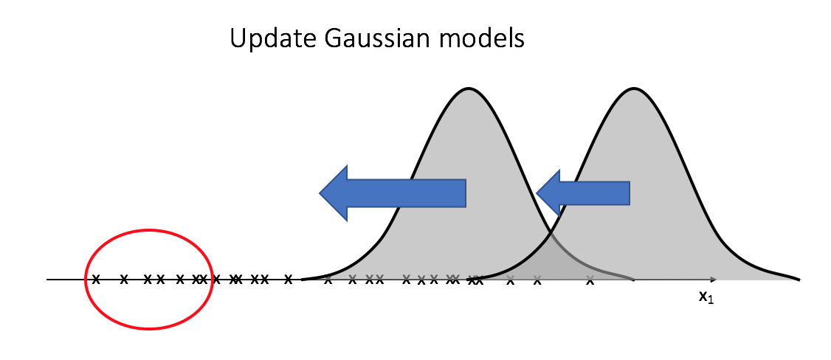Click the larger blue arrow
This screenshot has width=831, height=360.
pyautogui.click(x=392, y=193)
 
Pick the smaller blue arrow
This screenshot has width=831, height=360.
pyautogui.click(x=583, y=193)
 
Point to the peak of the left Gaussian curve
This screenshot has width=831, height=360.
pyautogui.click(x=468, y=88)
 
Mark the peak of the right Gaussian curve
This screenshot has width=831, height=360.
pyautogui.click(x=634, y=88)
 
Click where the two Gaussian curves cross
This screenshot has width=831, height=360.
pyautogui.click(x=551, y=232)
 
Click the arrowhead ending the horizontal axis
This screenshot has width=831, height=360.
pyautogui.click(x=714, y=279)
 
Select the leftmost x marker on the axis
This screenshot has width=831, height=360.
pyautogui.click(x=96, y=279)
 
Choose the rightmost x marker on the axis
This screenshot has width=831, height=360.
pyautogui.click(x=590, y=281)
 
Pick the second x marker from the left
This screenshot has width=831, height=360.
pyautogui.click(x=124, y=279)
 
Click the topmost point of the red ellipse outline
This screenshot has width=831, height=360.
pyautogui.click(x=149, y=229)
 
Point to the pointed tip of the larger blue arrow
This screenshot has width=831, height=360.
pyautogui.click(x=320, y=193)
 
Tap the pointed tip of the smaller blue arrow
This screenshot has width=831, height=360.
pyautogui.click(x=537, y=193)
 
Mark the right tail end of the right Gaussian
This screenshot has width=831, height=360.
pyautogui.click(x=798, y=279)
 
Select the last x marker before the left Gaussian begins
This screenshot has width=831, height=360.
pyautogui.click(x=289, y=279)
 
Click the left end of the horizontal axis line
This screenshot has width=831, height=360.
pyautogui.click(x=47, y=279)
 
